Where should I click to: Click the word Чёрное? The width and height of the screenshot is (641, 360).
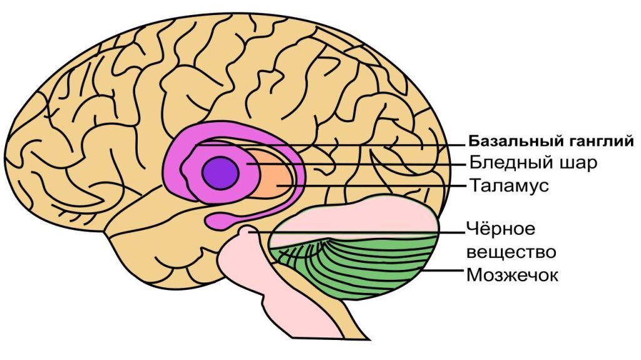tap(500, 229)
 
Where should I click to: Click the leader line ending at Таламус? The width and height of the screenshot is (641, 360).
tap(376, 186)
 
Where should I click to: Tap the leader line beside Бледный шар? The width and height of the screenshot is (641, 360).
tap(376, 163)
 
